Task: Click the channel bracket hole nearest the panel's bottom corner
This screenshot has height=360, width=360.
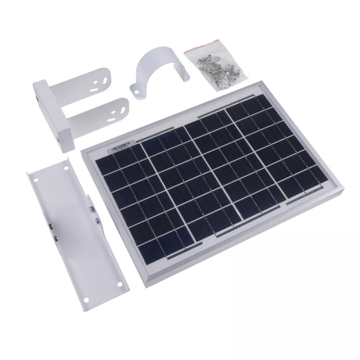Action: click(120, 284)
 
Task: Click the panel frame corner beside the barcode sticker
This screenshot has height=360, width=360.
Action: click(83, 151)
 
